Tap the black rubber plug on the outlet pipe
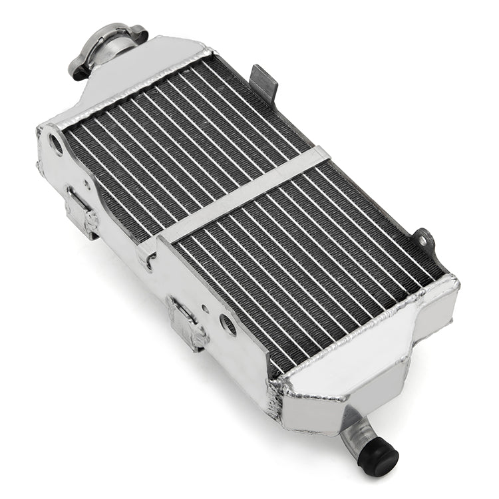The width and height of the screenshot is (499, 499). coord(377,456)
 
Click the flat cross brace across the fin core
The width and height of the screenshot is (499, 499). coord(246,192)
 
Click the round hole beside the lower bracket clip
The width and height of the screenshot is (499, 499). coord(228,324)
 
